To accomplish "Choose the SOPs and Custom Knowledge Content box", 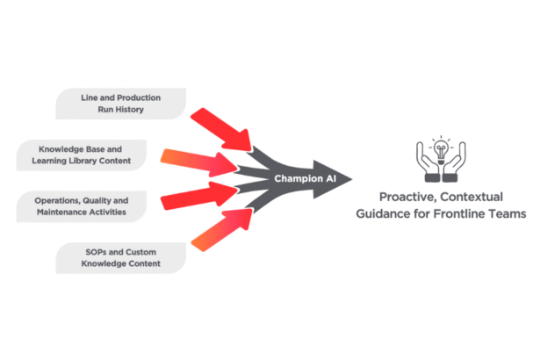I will pyautogui.click(x=121, y=257).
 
